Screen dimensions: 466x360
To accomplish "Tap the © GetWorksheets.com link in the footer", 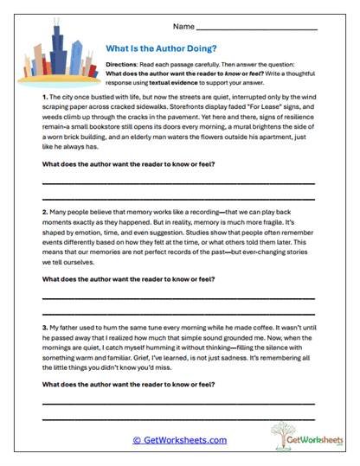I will click(179, 439).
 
